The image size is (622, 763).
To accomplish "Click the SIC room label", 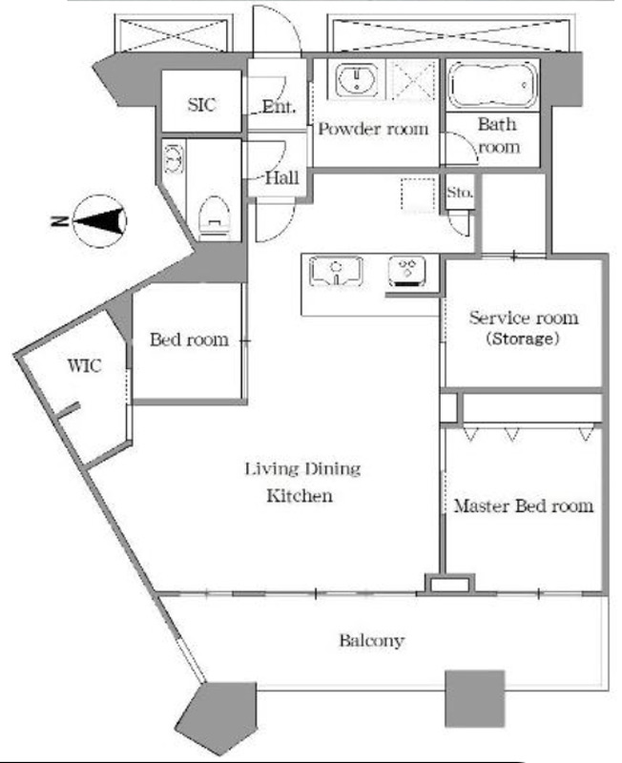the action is (201, 105).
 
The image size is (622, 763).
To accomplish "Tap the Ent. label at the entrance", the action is (279, 106).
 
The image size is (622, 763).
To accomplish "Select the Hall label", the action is (281, 177).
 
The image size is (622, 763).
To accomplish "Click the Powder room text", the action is (373, 129).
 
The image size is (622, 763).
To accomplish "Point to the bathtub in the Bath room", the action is (492, 85).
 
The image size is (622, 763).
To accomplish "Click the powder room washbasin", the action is (357, 80).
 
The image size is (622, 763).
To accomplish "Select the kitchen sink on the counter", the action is (337, 271).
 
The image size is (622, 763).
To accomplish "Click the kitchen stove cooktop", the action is (407, 271).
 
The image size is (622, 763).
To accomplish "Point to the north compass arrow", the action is (100, 221).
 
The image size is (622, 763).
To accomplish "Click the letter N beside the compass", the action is (59, 221).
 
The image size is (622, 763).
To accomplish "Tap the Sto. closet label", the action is (460, 193).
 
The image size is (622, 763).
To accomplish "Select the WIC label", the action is (85, 365).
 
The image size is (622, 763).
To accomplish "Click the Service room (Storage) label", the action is (524, 327).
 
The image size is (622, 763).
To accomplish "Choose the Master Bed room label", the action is (524, 506).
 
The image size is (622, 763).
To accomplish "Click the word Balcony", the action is (372, 640).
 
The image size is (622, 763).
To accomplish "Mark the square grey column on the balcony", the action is (475, 699).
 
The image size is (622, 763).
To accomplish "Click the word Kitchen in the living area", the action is (300, 496).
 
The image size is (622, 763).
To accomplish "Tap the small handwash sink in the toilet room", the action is (174, 157).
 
